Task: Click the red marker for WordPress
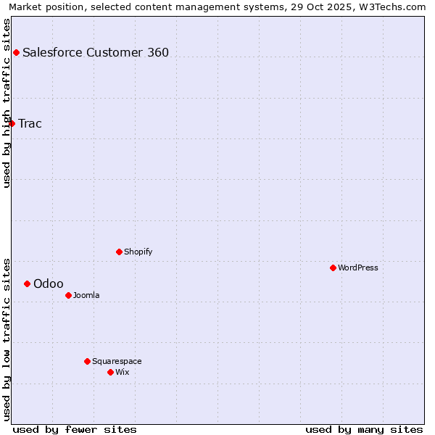pyautogui.click(x=333, y=268)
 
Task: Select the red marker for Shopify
pyautogui.click(x=119, y=252)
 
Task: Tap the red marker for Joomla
pyautogui.click(x=68, y=295)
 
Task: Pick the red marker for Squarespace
pyautogui.click(x=87, y=361)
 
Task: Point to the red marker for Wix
pyautogui.click(x=110, y=372)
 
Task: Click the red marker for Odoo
pyautogui.click(x=27, y=283)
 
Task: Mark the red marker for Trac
pyautogui.click(x=12, y=123)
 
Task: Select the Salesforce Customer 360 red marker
pyautogui.click(x=16, y=52)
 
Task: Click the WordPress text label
pyautogui.click(x=358, y=268)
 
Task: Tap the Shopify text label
pyautogui.click(x=138, y=252)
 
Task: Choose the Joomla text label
pyautogui.click(x=86, y=295)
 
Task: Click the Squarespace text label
pyautogui.click(x=117, y=361)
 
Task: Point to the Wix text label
pyautogui.click(x=122, y=372)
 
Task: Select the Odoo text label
pyautogui.click(x=49, y=283)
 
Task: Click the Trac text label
pyautogui.click(x=30, y=123)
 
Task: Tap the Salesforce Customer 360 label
pyautogui.click(x=96, y=52)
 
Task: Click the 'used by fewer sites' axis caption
pyautogui.click(x=75, y=429)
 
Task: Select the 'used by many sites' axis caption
pyautogui.click(x=364, y=429)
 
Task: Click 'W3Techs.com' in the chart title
pyautogui.click(x=395, y=7)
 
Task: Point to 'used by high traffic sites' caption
pyautogui.click(x=7, y=103)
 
